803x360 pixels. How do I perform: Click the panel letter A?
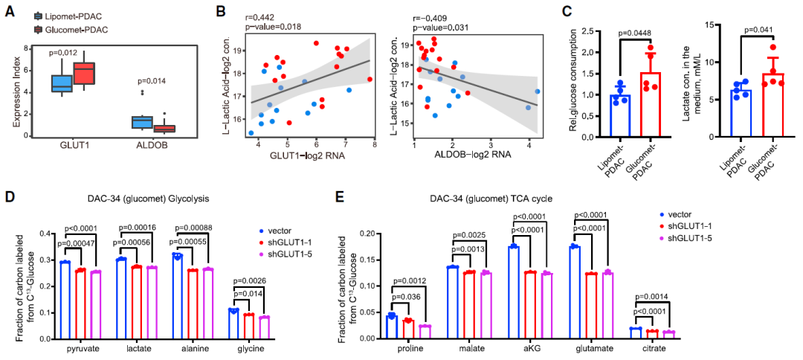pos(10,11)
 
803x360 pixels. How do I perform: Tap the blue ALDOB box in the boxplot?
pos(141,121)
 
